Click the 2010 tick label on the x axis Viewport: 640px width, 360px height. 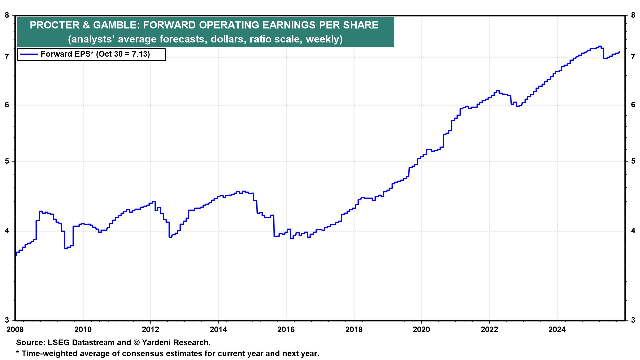click(x=83, y=329)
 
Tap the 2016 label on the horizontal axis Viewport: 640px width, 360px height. click(x=286, y=329)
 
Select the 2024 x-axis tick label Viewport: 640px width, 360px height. click(x=557, y=329)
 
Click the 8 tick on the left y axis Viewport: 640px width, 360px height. click(x=7, y=15)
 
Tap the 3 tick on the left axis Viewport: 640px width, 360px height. click(x=7, y=320)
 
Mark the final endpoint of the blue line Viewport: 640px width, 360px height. click(x=619, y=52)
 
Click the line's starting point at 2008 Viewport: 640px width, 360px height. click(x=16, y=255)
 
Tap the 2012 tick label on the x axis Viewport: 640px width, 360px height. click(x=150, y=329)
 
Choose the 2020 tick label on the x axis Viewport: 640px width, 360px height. click(x=421, y=329)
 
